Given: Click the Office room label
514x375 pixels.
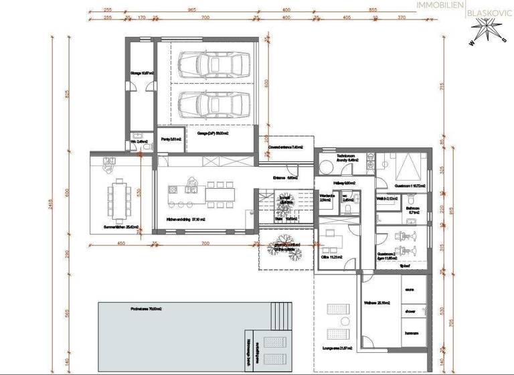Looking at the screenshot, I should click(332, 257).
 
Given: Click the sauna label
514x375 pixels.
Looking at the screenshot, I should click(408, 289).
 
